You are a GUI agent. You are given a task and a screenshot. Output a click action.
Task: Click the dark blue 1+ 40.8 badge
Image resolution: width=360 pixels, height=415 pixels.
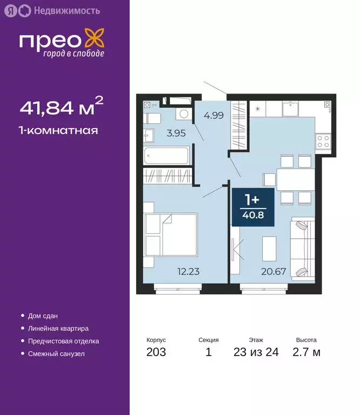[x=252, y=207]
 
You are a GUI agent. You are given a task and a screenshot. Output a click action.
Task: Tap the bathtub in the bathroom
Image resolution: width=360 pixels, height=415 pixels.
[x=167, y=156]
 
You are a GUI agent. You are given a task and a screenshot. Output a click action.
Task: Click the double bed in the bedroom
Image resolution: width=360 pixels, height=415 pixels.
[x=171, y=235]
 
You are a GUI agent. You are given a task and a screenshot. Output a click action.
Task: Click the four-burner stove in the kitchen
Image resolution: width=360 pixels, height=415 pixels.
[x=323, y=142]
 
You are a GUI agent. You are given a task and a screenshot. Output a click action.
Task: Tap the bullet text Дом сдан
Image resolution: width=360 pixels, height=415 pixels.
[x=43, y=316]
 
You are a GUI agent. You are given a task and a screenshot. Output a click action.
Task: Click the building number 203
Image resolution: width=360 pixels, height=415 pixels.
[x=156, y=353]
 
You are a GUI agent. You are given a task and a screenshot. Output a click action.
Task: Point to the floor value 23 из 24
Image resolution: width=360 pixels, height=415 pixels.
[x=256, y=353]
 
